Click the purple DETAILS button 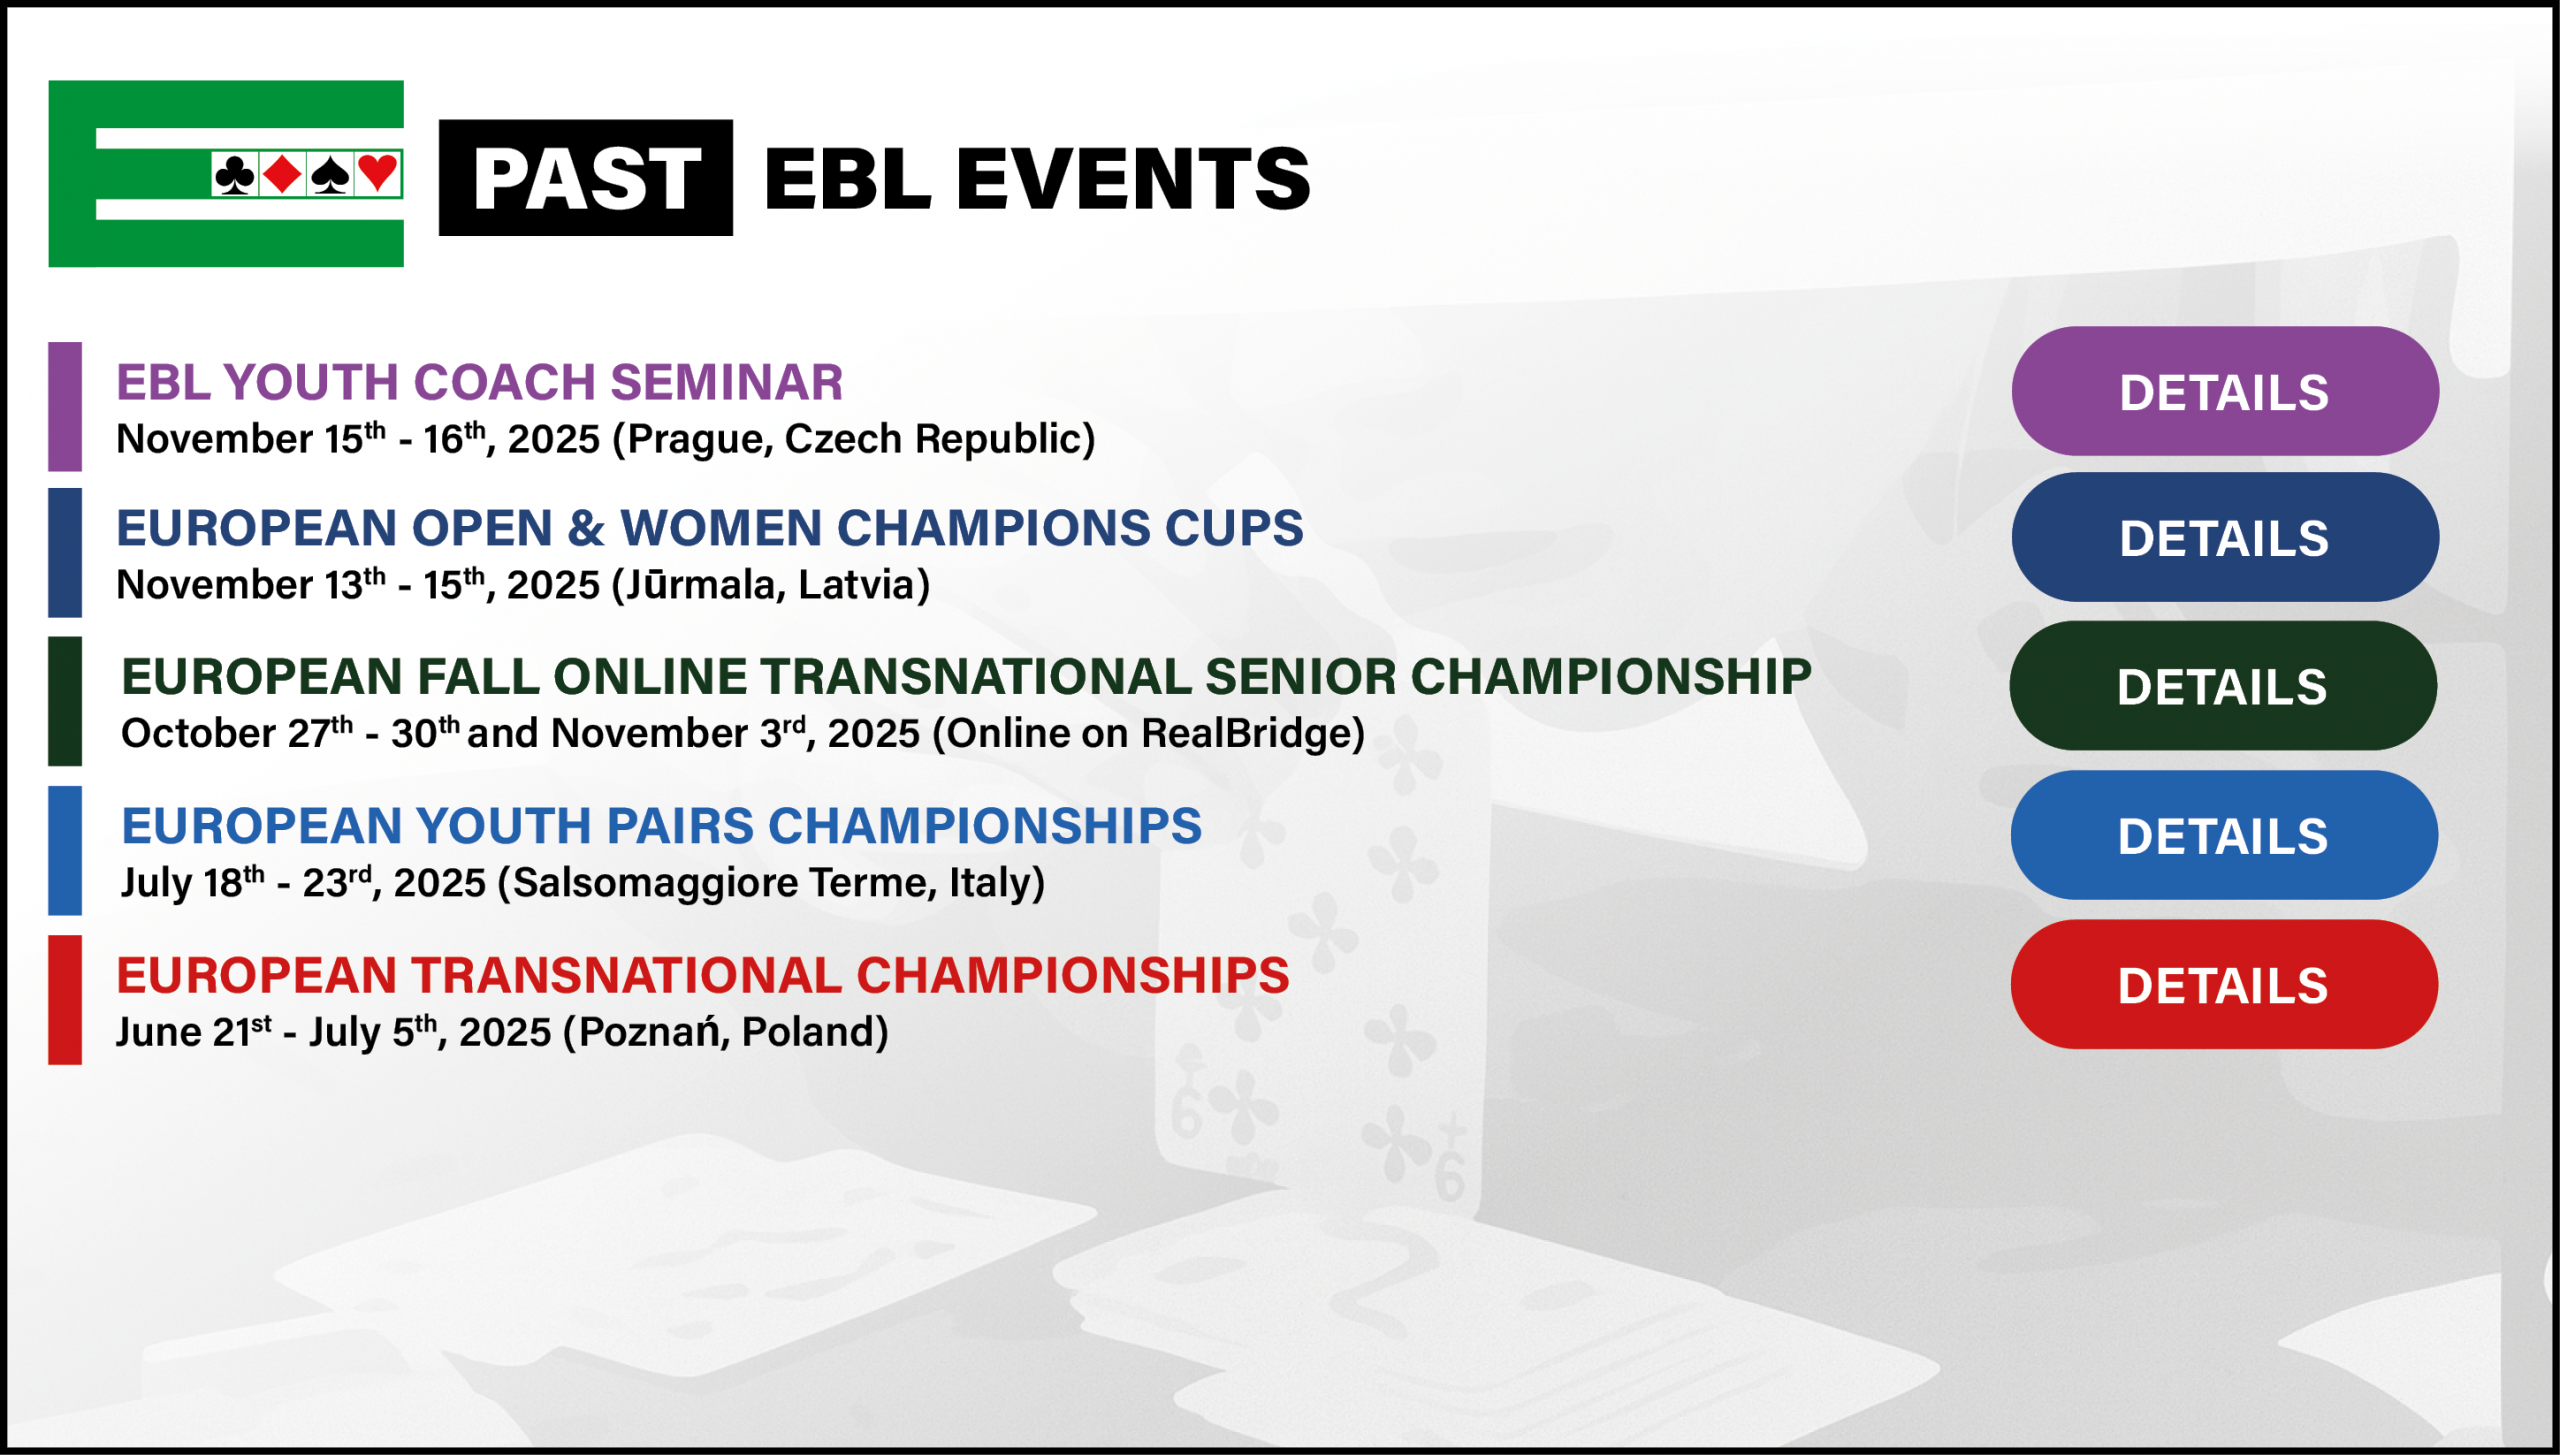(2224, 391)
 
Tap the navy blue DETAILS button (2224, 537)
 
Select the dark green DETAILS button (2222, 686)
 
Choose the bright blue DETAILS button (2223, 835)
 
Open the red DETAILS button (2223, 984)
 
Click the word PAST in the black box (586, 179)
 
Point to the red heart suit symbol (378, 173)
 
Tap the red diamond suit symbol (282, 174)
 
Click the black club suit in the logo (234, 175)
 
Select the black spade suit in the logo (330, 175)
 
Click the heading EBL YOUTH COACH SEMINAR (480, 382)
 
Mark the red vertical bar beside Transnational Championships (65, 999)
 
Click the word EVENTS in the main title (1133, 179)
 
